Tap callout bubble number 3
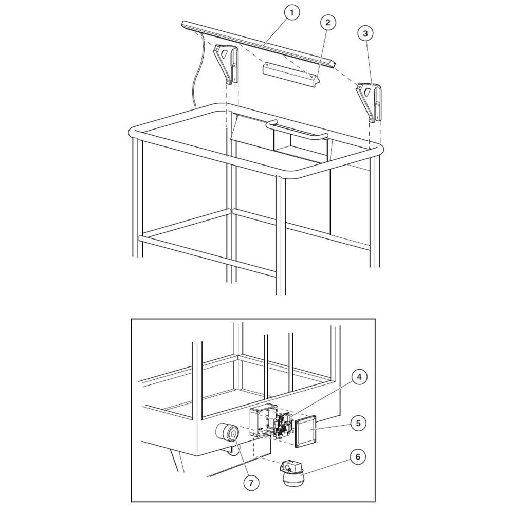point(365,33)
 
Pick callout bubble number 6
point(358,456)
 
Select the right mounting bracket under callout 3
point(370,102)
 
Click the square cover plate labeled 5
point(306,431)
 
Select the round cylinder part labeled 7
point(227,433)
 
